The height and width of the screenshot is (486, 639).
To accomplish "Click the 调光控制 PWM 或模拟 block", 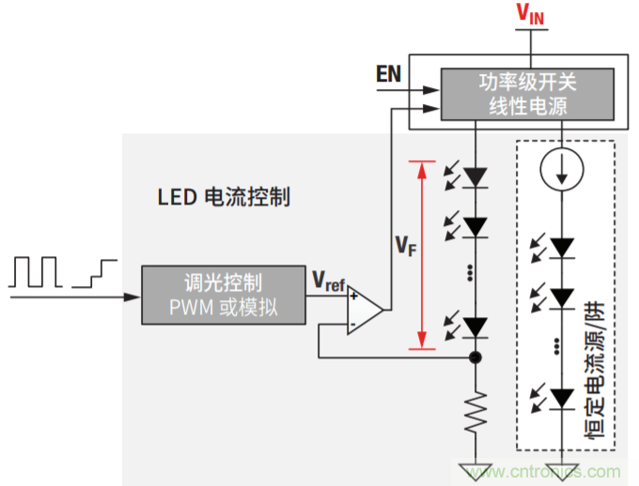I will click(223, 295).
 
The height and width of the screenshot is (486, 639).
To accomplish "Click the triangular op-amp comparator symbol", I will click(365, 311).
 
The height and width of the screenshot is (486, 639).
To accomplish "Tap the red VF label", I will click(404, 246).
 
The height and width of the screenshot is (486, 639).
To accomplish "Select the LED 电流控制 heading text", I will click(224, 198).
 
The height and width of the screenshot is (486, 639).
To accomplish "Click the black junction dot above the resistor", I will click(476, 357).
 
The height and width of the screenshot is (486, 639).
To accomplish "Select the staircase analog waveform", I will click(95, 272).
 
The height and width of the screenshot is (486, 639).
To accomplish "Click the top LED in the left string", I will click(476, 175).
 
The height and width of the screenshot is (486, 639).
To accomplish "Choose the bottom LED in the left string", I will click(476, 327).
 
